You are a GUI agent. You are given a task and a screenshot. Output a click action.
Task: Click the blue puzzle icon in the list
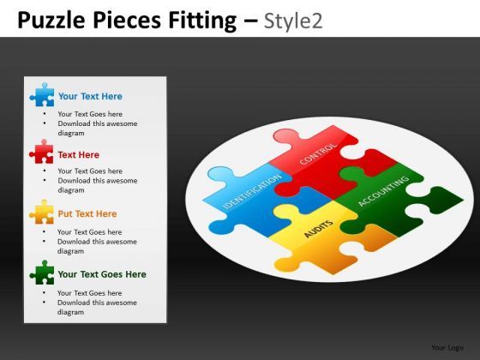point(42,95)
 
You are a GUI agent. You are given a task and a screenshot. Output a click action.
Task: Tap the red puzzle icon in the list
point(41,153)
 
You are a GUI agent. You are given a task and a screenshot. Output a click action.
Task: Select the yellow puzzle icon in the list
point(41,213)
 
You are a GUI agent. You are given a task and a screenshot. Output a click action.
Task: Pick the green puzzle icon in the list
point(41,273)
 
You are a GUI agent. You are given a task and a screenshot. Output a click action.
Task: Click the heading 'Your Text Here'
point(90,97)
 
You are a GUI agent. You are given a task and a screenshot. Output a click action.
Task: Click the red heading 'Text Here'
point(78,155)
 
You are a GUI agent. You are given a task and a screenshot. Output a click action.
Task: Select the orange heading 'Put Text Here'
point(87,214)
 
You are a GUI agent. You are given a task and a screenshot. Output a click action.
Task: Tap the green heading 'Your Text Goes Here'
point(101,275)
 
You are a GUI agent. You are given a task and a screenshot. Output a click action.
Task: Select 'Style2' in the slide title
point(293,19)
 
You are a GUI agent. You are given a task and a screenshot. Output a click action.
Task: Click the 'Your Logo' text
point(447,347)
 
